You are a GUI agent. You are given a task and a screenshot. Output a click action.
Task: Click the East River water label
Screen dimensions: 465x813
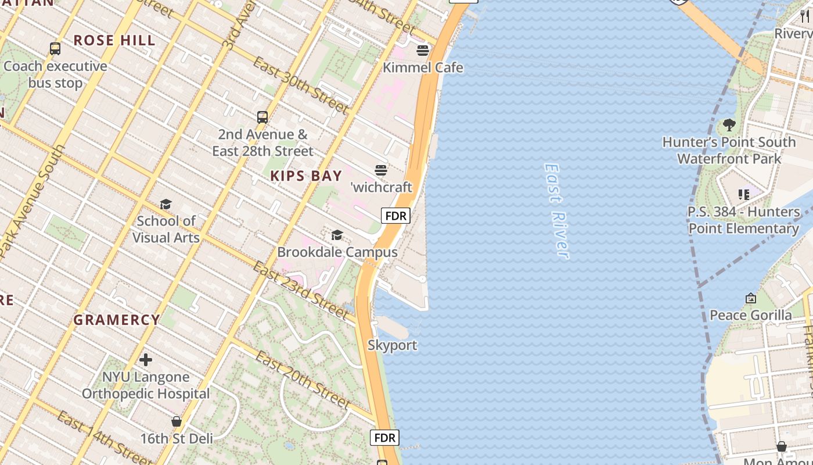[x=556, y=210]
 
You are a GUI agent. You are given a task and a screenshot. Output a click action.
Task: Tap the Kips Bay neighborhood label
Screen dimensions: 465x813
[x=306, y=176]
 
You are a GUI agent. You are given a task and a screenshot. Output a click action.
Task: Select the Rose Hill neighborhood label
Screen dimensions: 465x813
[x=114, y=41]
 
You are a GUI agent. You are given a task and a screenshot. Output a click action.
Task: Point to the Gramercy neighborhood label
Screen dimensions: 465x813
[x=117, y=320]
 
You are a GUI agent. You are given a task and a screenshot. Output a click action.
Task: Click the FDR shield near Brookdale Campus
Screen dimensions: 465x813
[x=395, y=216]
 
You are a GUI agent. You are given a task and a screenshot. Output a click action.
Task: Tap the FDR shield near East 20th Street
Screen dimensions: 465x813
[x=385, y=438]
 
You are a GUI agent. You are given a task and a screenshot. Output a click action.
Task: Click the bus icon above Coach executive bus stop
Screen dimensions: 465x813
[x=55, y=49]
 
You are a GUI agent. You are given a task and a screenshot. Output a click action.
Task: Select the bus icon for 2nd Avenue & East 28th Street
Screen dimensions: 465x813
[x=262, y=117]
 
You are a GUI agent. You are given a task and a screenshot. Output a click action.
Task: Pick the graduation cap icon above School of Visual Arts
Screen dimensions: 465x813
[x=166, y=204]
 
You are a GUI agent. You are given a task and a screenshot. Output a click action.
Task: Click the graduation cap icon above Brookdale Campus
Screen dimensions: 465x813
[x=337, y=235]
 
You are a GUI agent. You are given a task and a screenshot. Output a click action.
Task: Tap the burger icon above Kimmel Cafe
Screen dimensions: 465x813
[x=423, y=51]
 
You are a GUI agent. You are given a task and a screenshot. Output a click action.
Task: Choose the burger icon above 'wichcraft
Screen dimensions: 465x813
[x=381, y=170]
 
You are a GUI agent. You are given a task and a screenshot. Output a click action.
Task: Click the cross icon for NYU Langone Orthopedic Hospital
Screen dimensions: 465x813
[x=146, y=360]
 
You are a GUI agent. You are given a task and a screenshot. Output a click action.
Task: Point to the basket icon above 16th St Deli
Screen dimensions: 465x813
[x=177, y=421]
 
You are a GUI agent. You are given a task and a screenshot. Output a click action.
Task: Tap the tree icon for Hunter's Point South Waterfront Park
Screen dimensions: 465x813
[x=729, y=125]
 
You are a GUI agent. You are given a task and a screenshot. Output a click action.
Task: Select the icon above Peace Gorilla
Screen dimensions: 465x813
[x=751, y=298]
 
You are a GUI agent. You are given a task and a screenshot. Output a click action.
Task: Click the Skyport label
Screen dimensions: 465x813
[x=392, y=345]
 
